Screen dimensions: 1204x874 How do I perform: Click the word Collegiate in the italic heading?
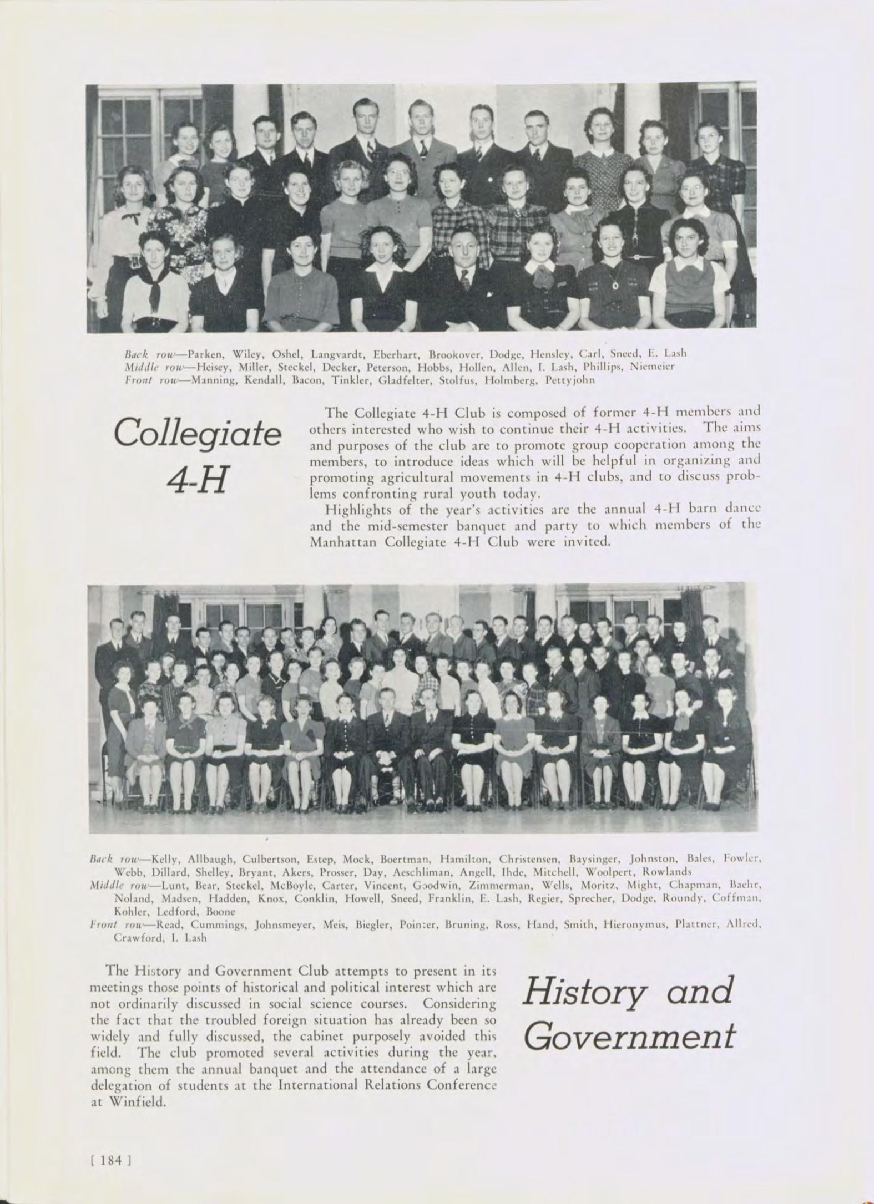point(197,435)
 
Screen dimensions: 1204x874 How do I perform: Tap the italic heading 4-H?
point(197,480)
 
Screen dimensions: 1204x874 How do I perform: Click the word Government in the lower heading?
point(629,1036)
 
